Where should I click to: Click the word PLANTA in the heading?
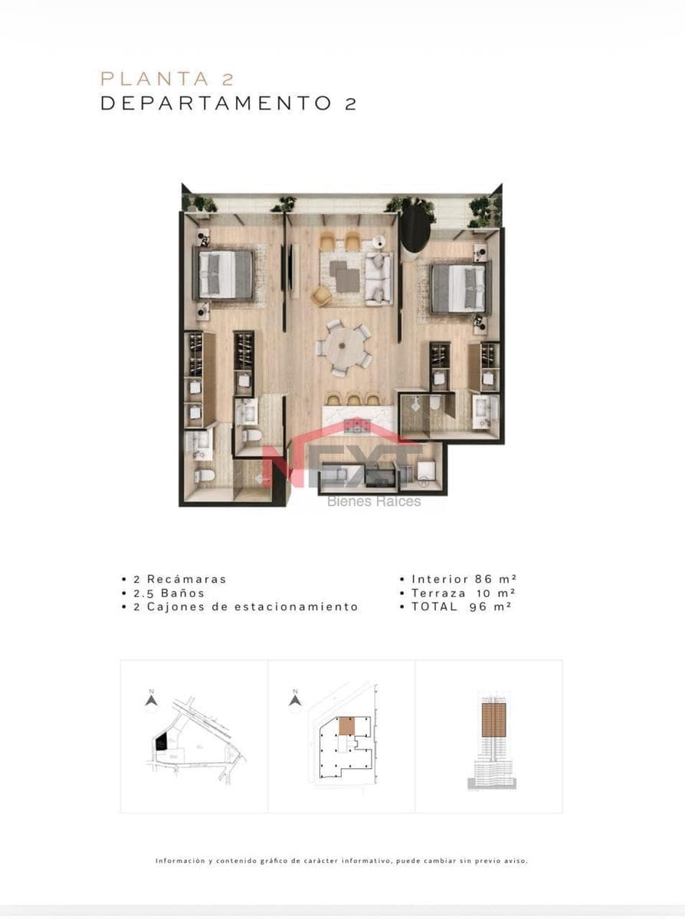click(155, 79)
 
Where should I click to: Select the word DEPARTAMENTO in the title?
click(216, 103)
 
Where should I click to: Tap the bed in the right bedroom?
click(460, 289)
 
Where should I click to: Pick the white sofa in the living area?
click(379, 279)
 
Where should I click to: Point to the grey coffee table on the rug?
click(345, 276)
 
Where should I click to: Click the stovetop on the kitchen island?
click(358, 426)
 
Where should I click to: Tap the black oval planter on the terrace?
click(414, 230)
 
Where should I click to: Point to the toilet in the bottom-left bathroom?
click(205, 476)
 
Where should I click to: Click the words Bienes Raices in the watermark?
click(374, 502)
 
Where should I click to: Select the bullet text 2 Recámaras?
click(180, 579)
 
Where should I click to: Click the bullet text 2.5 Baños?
click(169, 594)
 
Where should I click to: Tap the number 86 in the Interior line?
click(483, 579)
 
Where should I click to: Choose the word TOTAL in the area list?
click(434, 607)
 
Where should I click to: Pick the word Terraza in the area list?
click(439, 594)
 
